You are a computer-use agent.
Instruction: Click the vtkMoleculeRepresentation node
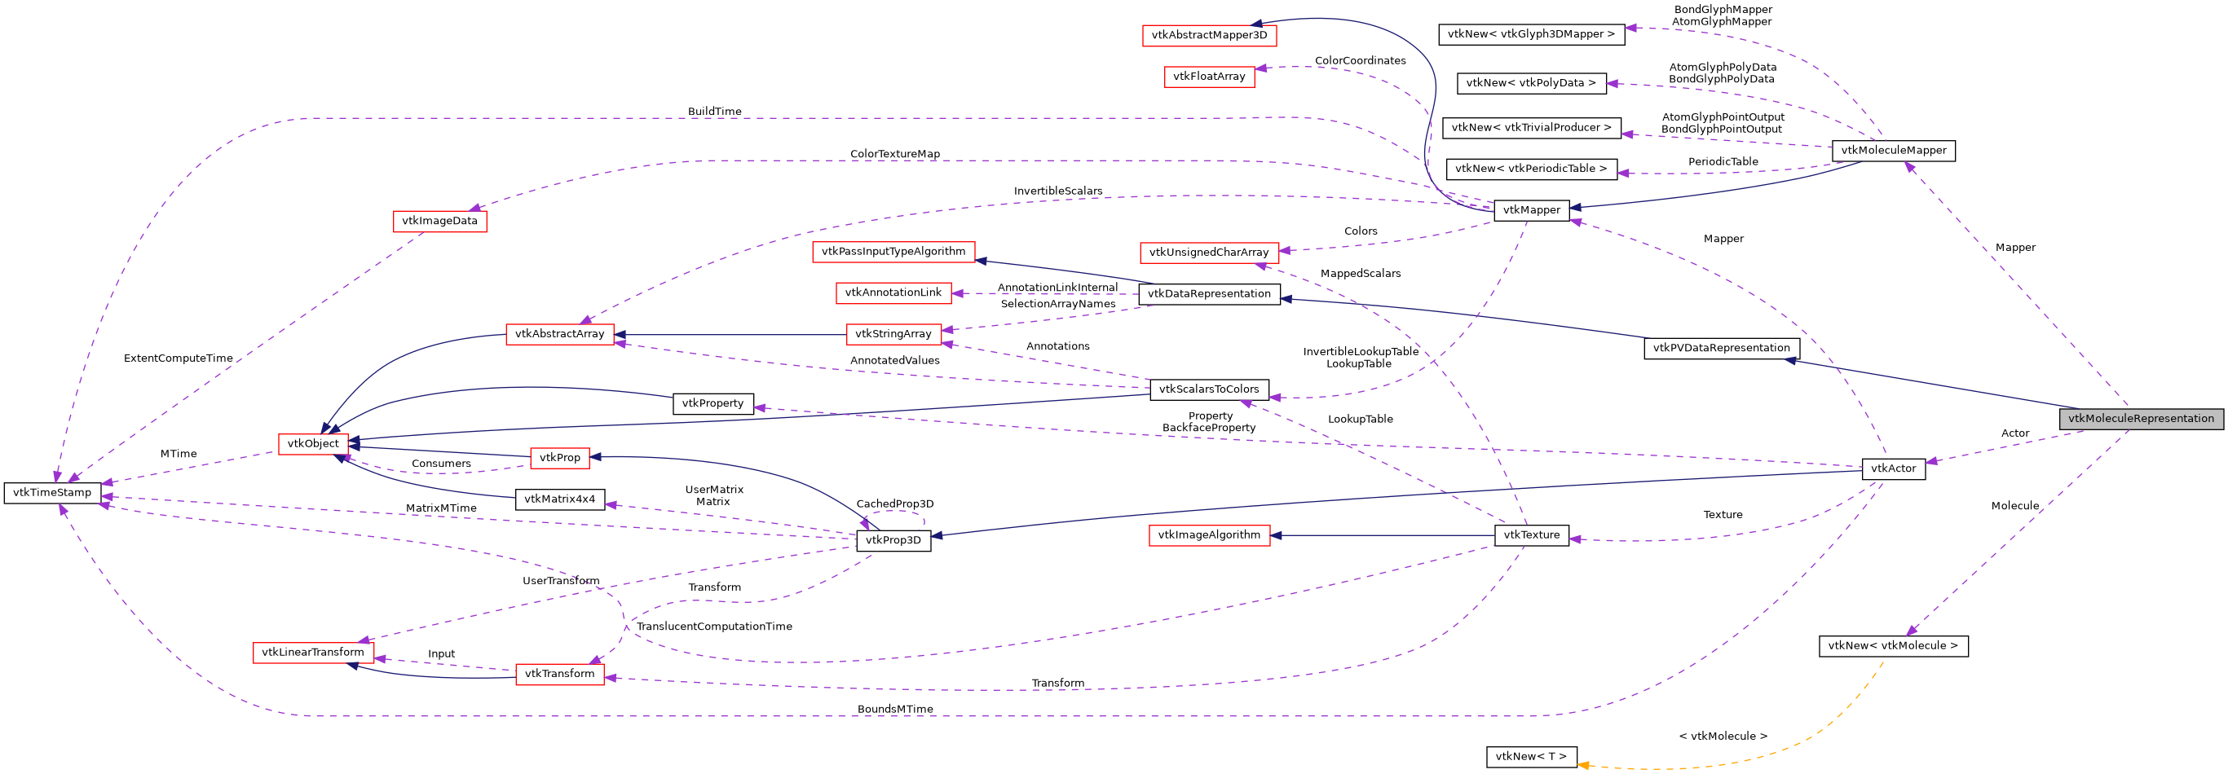click(2140, 419)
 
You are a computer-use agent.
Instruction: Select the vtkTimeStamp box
click(52, 493)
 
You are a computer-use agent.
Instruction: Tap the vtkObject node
click(313, 444)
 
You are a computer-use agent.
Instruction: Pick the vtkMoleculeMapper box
click(1893, 151)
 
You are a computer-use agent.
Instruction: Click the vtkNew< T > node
click(1530, 757)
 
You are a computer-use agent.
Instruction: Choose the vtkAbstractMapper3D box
click(1208, 36)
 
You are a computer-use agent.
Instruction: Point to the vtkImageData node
click(439, 222)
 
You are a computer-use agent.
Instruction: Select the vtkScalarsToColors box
click(1208, 390)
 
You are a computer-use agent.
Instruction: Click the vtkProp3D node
click(893, 540)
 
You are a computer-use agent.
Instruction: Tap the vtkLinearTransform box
click(312, 653)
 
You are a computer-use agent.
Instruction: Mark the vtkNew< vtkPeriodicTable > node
click(1530, 169)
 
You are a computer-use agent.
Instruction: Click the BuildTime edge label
click(714, 112)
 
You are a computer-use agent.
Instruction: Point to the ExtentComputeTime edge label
click(179, 358)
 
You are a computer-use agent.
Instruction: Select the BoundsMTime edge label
click(894, 709)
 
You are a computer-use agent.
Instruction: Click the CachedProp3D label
click(894, 504)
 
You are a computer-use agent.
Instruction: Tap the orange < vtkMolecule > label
click(1722, 737)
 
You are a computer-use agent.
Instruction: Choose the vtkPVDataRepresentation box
click(1720, 349)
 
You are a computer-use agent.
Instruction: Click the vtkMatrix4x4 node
click(559, 500)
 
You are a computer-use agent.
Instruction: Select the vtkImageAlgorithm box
click(1208, 535)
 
